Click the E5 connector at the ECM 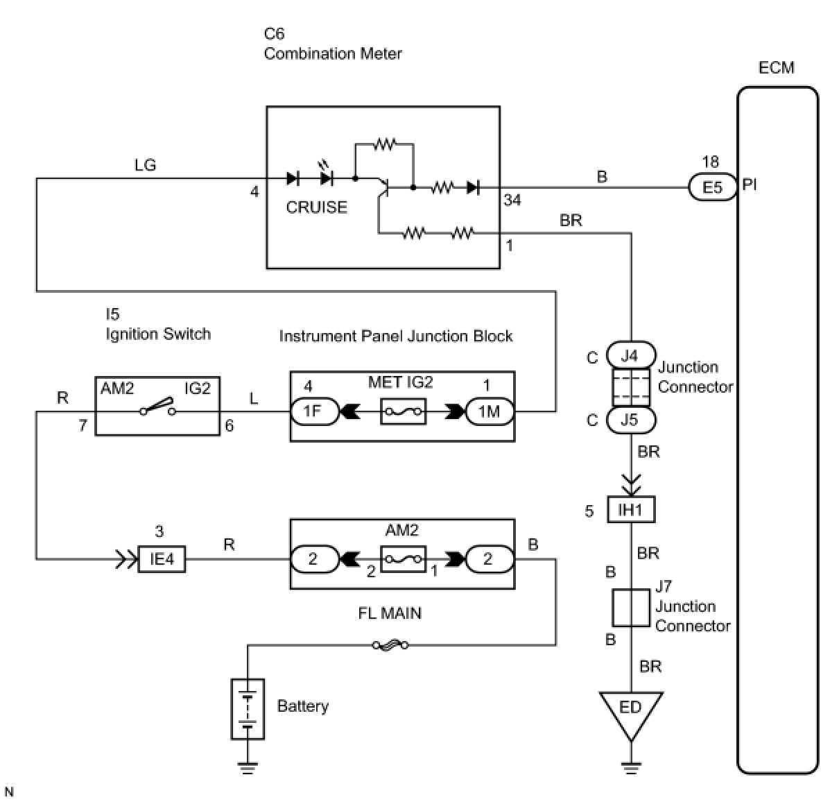(712, 187)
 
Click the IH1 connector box (630, 511)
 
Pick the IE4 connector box (162, 558)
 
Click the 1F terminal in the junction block (313, 411)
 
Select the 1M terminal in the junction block (489, 411)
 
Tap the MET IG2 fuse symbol (403, 412)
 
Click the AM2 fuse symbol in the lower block (403, 559)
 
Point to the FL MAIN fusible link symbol (390, 646)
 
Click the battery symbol (248, 708)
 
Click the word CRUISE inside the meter (316, 207)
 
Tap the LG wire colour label (145, 164)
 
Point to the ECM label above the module (776, 68)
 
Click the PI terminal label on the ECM (750, 186)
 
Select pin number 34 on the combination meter (512, 200)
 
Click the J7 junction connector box (630, 608)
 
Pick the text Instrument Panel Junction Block (395, 336)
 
